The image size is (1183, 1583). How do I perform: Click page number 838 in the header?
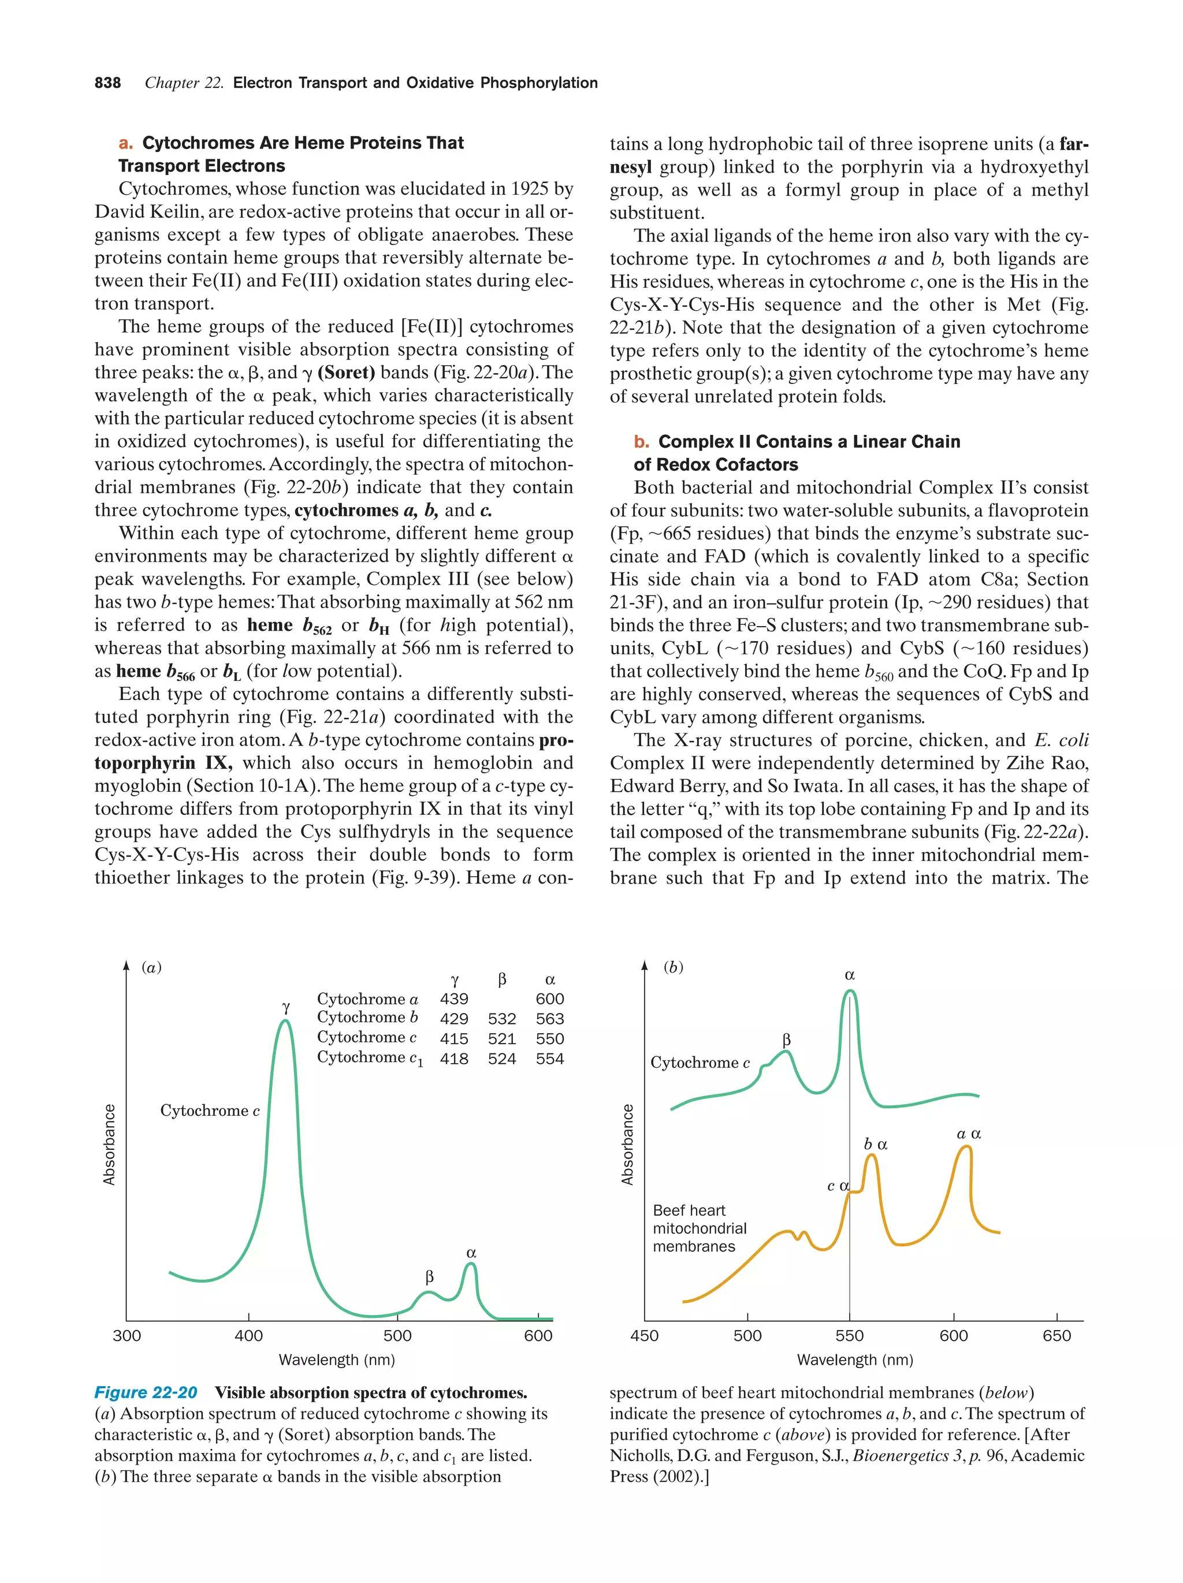click(x=107, y=83)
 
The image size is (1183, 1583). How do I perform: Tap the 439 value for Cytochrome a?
click(x=454, y=999)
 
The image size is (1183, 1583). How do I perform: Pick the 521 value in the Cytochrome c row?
click(x=502, y=1038)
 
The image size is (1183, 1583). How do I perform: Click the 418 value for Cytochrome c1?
click(x=454, y=1059)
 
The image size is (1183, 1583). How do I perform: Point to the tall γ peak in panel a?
click(x=285, y=1025)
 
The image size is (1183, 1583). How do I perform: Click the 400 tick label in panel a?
click(x=249, y=1335)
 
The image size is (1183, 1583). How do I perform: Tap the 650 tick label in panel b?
click(x=1056, y=1335)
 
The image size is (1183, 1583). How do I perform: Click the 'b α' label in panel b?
click(x=875, y=1144)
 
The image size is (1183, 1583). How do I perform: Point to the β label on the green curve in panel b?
click(x=787, y=1039)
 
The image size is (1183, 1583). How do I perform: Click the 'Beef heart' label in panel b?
click(x=689, y=1210)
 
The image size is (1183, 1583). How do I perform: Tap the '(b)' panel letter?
click(x=673, y=967)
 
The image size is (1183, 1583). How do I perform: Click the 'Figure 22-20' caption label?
click(x=146, y=1392)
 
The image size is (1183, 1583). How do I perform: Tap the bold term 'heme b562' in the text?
click(x=289, y=626)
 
